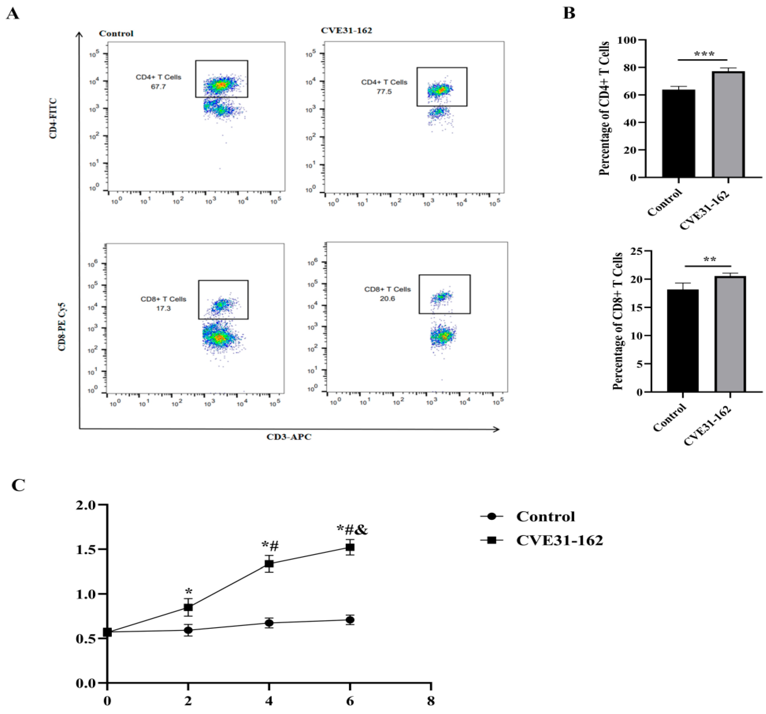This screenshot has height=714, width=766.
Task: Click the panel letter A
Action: (x=13, y=14)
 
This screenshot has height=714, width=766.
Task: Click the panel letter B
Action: (x=569, y=13)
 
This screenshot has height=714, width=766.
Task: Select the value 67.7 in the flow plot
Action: (x=158, y=87)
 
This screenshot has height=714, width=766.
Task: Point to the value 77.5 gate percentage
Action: (x=384, y=92)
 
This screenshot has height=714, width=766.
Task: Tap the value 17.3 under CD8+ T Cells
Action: (x=163, y=308)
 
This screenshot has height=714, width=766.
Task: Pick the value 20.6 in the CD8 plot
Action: (x=387, y=299)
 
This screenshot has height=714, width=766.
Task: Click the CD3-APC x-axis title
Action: (x=289, y=437)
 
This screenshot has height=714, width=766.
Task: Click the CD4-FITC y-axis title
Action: (x=53, y=118)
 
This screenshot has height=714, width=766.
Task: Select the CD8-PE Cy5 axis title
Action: (x=62, y=327)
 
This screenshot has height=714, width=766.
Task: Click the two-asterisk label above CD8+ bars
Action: (x=710, y=260)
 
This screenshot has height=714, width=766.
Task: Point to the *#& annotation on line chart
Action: (x=352, y=530)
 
